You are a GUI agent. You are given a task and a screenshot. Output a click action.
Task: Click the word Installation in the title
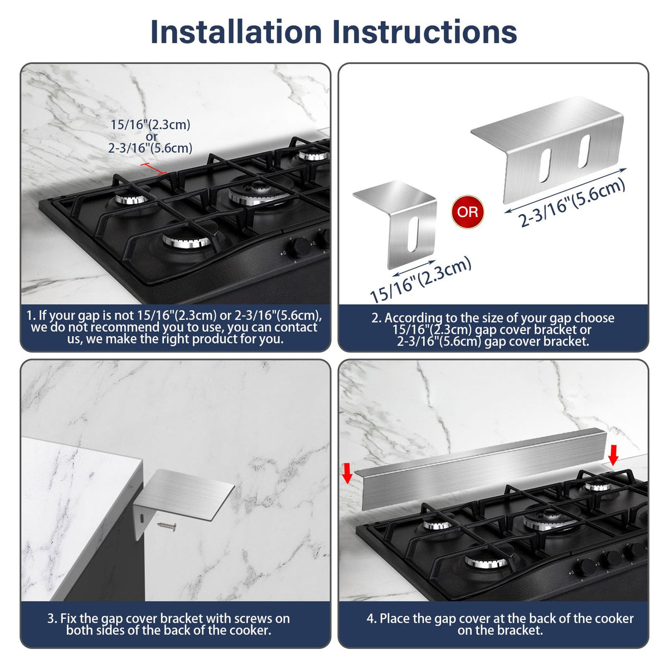click(236, 32)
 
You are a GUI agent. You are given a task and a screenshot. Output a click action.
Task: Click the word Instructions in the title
click(424, 32)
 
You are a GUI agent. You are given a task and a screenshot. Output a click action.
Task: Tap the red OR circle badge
click(467, 211)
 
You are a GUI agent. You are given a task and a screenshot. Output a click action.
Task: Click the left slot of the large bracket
click(545, 165)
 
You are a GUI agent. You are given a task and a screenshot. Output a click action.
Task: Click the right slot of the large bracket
click(584, 151)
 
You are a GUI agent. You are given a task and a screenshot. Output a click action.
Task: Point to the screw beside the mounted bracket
click(167, 526)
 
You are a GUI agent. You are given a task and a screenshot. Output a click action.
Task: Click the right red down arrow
click(613, 455)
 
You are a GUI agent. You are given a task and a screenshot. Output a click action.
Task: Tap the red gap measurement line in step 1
click(153, 168)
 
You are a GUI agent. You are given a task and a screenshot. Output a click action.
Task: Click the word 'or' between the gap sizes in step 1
click(152, 136)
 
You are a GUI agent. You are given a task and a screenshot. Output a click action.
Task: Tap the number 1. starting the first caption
click(31, 315)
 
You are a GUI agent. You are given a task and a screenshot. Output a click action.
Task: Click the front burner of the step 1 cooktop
click(187, 240)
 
